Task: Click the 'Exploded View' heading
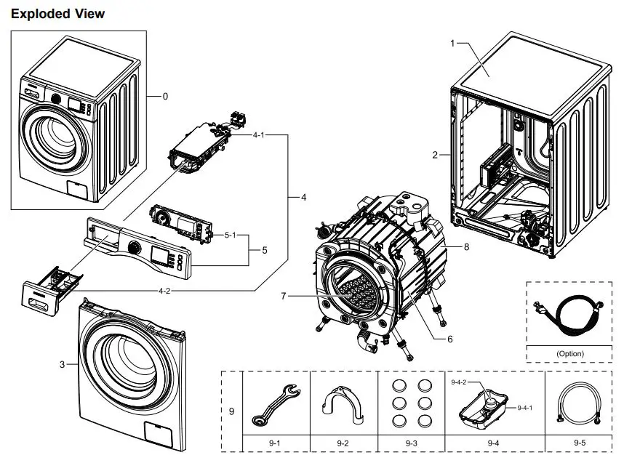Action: [58, 14]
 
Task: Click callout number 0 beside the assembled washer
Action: [165, 96]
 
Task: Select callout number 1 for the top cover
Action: [452, 44]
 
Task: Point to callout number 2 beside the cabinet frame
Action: [435, 155]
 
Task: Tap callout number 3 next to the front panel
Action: [63, 363]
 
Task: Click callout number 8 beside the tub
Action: [466, 247]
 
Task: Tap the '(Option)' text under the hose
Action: [570, 354]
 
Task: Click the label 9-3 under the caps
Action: [411, 442]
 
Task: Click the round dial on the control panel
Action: [134, 247]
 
